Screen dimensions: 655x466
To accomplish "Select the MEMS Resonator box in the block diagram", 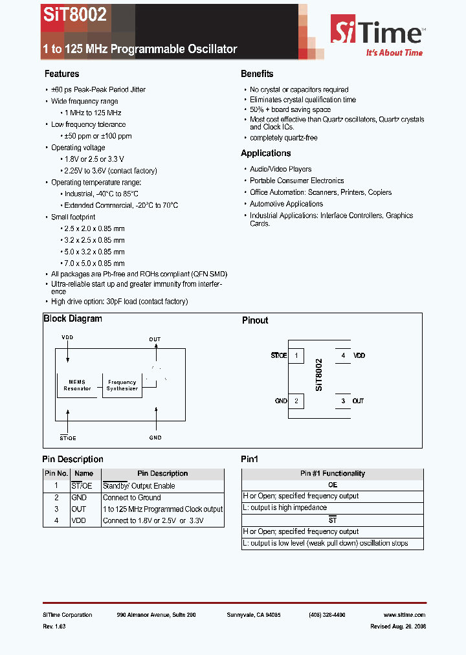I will (77, 384).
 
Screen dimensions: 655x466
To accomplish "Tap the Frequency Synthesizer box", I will (122, 385).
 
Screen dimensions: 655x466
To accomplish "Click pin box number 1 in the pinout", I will (296, 355).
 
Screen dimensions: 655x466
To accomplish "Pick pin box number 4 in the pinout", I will (343, 355).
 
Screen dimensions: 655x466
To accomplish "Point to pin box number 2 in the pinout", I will (296, 401).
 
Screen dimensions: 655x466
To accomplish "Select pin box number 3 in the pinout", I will (343, 401).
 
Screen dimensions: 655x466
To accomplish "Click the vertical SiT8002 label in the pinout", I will (319, 375).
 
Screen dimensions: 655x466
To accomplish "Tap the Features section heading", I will (61, 74).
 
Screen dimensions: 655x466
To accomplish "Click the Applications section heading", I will (266, 153).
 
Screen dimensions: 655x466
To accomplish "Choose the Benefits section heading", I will (257, 74).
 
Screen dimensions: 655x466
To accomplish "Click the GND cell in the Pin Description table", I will (79, 498).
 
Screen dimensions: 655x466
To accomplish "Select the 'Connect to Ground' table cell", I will (132, 498).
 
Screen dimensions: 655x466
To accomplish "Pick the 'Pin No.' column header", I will (56, 474).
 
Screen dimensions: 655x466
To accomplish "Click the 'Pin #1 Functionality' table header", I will (332, 474).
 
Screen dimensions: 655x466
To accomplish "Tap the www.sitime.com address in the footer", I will (404, 615).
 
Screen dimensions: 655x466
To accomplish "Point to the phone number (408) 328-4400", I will (327, 615).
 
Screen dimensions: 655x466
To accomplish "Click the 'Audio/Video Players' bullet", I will (280, 169).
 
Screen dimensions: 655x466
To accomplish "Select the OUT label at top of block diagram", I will (155, 339).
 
